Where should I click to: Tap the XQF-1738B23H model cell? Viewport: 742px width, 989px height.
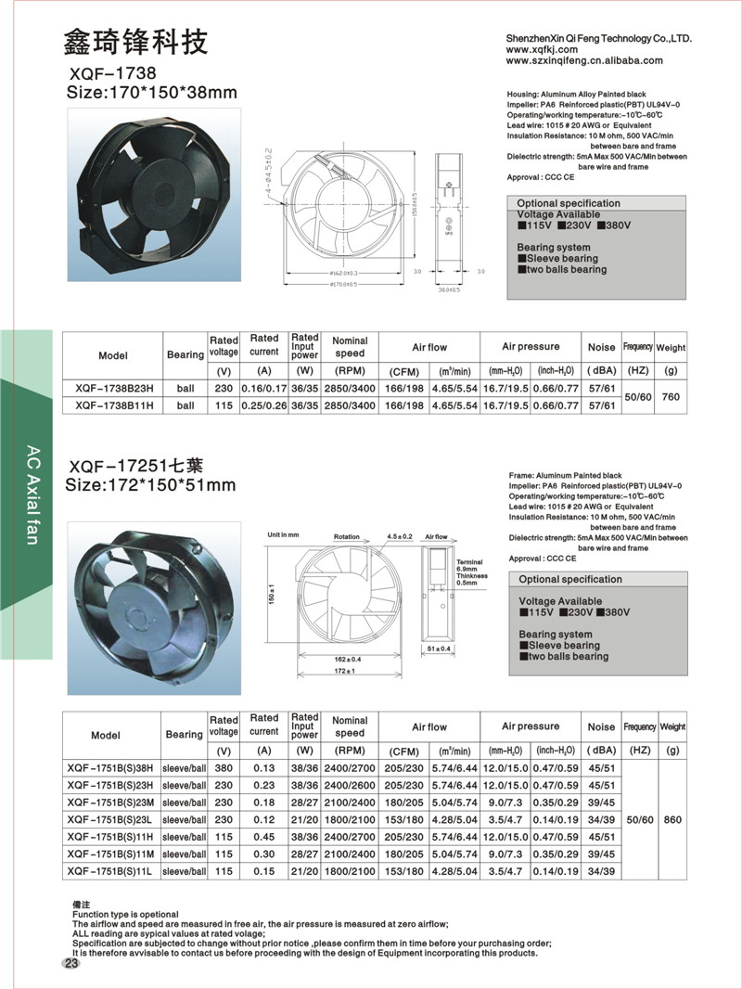[111, 388]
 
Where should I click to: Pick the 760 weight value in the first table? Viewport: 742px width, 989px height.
[671, 397]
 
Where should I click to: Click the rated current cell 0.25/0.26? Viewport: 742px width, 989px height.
[263, 405]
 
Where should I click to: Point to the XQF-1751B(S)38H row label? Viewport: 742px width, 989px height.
[111, 768]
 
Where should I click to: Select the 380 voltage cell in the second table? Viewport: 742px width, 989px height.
[224, 768]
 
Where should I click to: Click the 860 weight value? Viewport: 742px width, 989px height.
[672, 820]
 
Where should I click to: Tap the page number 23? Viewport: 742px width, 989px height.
[71, 964]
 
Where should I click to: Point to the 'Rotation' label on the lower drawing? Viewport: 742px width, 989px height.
[346, 537]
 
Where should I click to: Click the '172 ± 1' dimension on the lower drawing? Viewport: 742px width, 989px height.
[346, 670]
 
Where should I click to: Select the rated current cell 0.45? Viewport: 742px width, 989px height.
[263, 837]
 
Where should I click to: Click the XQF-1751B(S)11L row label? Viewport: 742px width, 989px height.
[111, 871]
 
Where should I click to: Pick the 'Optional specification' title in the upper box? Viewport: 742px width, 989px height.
[569, 203]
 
